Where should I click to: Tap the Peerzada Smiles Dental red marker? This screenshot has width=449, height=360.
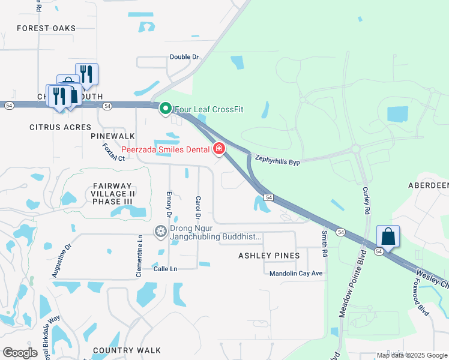click(x=219, y=149)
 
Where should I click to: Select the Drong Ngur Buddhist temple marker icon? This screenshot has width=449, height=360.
click(x=160, y=231)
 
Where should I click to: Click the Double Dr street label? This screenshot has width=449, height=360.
click(x=184, y=57)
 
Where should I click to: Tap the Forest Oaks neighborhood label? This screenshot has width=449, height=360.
click(x=46, y=28)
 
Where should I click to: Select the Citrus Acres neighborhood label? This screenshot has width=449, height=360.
click(x=60, y=127)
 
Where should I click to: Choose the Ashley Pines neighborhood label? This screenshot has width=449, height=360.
click(x=269, y=256)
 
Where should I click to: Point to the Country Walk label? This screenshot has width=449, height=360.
click(x=127, y=350)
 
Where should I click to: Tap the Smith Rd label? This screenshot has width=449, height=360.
click(x=325, y=244)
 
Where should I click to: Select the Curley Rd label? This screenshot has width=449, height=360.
click(x=366, y=201)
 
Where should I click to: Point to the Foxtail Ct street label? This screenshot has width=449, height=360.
click(x=113, y=152)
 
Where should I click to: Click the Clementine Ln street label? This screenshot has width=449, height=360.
click(x=140, y=256)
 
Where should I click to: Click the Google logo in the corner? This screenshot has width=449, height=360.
click(x=20, y=353)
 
